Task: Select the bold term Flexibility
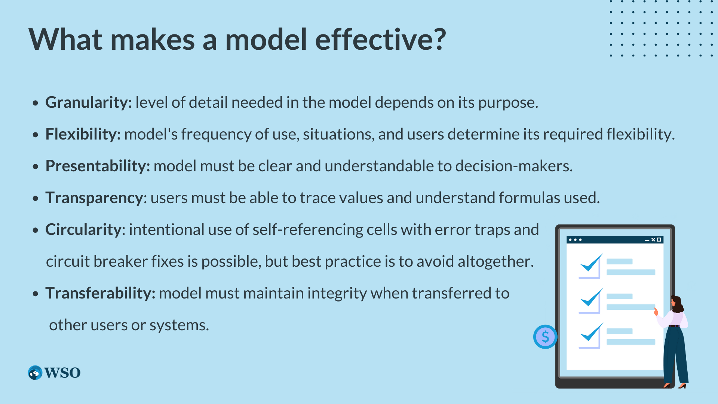(83, 134)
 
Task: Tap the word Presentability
(97, 166)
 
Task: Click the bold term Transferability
(100, 293)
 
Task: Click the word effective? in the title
(381, 39)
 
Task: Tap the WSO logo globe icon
(35, 373)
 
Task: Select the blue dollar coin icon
(545, 337)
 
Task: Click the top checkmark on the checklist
(591, 263)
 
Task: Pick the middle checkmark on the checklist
(591, 298)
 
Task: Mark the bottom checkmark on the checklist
(591, 333)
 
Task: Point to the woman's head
(677, 303)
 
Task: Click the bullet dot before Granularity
(36, 103)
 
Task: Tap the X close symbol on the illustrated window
(653, 240)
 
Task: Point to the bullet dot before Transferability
(36, 294)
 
